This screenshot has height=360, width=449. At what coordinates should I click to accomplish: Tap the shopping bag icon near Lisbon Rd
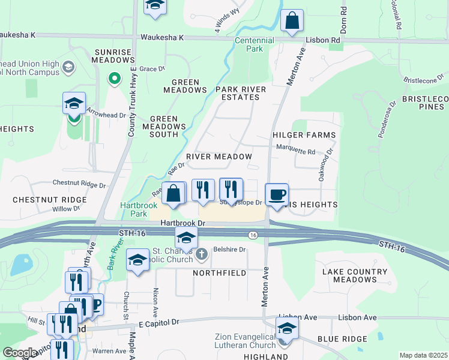292,20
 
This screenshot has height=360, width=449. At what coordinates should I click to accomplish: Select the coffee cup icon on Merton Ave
276,194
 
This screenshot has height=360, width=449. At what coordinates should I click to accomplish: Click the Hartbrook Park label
134,209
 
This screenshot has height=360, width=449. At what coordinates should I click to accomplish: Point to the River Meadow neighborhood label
219,157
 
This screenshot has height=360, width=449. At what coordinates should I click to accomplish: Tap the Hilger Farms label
304,136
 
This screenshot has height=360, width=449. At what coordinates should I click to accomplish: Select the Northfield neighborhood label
219,273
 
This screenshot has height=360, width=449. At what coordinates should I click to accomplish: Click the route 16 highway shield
254,235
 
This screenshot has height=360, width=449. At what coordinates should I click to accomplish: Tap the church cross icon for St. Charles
202,254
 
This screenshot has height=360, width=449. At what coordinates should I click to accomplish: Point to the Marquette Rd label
298,152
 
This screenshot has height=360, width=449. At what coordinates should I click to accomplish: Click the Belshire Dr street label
231,250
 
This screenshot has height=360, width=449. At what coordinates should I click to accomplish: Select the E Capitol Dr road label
159,322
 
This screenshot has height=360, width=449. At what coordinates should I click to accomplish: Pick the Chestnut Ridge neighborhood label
41,199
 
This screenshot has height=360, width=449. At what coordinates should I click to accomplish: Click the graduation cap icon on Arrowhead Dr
74,103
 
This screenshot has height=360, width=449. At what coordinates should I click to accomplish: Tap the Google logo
19,353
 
